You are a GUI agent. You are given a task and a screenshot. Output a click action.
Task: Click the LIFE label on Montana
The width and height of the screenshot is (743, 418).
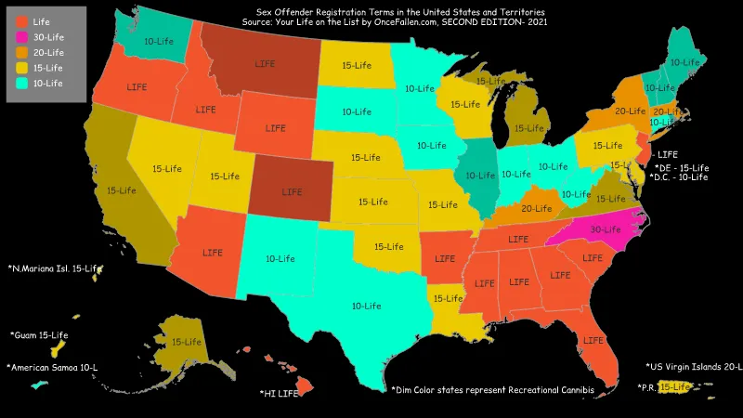265,64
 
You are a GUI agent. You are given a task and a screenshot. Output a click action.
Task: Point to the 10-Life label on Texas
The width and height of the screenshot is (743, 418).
366,305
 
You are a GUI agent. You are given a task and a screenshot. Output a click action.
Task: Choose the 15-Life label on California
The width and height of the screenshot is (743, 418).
121,190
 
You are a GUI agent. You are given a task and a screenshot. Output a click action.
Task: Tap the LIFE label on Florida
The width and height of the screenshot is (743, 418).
592,341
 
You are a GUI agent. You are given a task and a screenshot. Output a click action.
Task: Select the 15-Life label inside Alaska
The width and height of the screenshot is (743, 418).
187,342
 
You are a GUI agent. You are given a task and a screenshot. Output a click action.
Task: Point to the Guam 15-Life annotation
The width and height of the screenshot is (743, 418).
39,334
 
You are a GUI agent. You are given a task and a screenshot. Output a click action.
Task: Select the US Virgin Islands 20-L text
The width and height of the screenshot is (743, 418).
693,367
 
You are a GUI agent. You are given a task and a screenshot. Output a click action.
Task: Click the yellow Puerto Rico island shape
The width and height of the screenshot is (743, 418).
677,386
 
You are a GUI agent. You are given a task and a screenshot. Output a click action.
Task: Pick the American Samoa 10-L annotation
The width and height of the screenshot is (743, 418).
52,368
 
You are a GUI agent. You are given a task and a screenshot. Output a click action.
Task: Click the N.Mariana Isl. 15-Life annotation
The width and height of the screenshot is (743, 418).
53,268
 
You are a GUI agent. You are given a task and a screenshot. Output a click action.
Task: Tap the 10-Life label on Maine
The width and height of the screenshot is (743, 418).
684,62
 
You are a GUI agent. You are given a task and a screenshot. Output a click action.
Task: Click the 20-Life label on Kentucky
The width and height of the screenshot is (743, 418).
537,208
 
